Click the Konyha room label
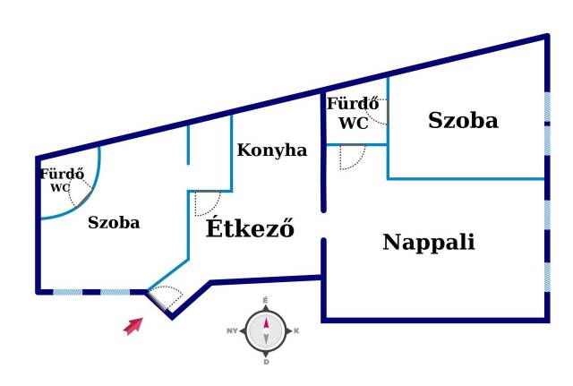271,150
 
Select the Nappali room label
428,242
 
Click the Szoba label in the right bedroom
462,120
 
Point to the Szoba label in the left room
114,223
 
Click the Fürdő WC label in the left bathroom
61,180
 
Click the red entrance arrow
133,326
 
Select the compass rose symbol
266,330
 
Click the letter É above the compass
266,300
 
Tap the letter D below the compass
266,362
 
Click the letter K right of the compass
296,331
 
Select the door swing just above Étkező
208,203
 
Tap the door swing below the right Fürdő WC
352,158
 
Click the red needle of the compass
265,322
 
